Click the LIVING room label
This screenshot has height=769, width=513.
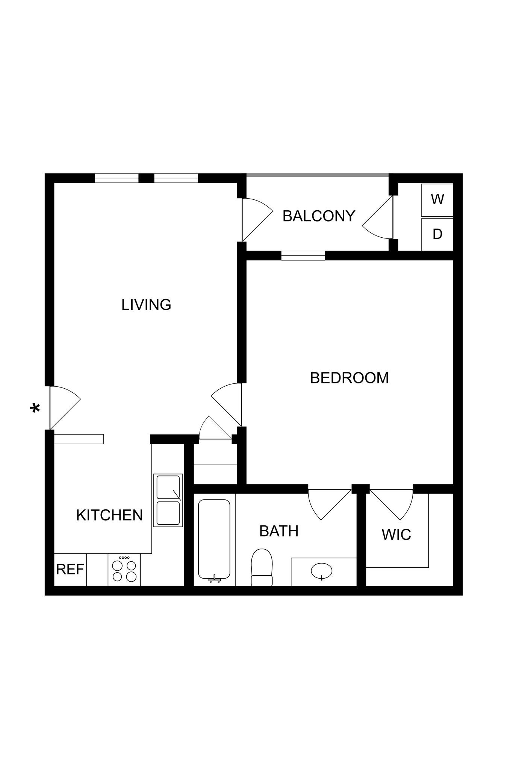146,305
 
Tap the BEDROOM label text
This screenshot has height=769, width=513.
349,378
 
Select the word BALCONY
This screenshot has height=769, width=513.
319,216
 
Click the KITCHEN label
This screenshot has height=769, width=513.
109,515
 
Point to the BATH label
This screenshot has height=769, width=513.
279,531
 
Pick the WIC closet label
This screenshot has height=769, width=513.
396,534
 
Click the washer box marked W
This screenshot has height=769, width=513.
437,199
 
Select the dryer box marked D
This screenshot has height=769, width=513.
437,234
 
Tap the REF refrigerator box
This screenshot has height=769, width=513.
70,570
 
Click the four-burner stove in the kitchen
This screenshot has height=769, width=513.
124,570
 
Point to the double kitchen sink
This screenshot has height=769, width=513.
168,500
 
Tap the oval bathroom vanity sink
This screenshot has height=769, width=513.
322,571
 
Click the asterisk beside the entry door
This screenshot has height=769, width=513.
35,408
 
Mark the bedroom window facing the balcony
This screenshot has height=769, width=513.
303,256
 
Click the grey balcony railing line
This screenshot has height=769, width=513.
317,175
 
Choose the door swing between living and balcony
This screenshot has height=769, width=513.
256,220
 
